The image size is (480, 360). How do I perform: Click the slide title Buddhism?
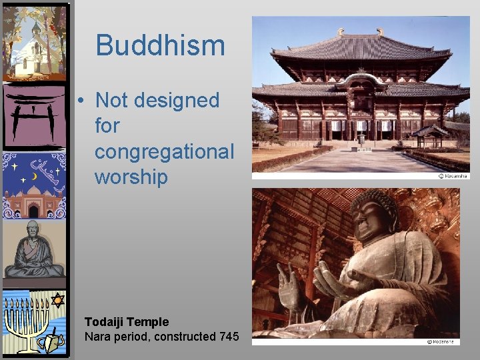[x=160, y=46]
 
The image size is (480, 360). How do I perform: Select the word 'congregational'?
[x=164, y=152]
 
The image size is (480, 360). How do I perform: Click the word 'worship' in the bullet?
[x=131, y=177]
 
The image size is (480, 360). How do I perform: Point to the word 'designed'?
[x=177, y=101]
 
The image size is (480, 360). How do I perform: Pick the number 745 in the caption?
[x=229, y=337]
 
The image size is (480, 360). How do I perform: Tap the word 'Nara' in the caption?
[x=97, y=337]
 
